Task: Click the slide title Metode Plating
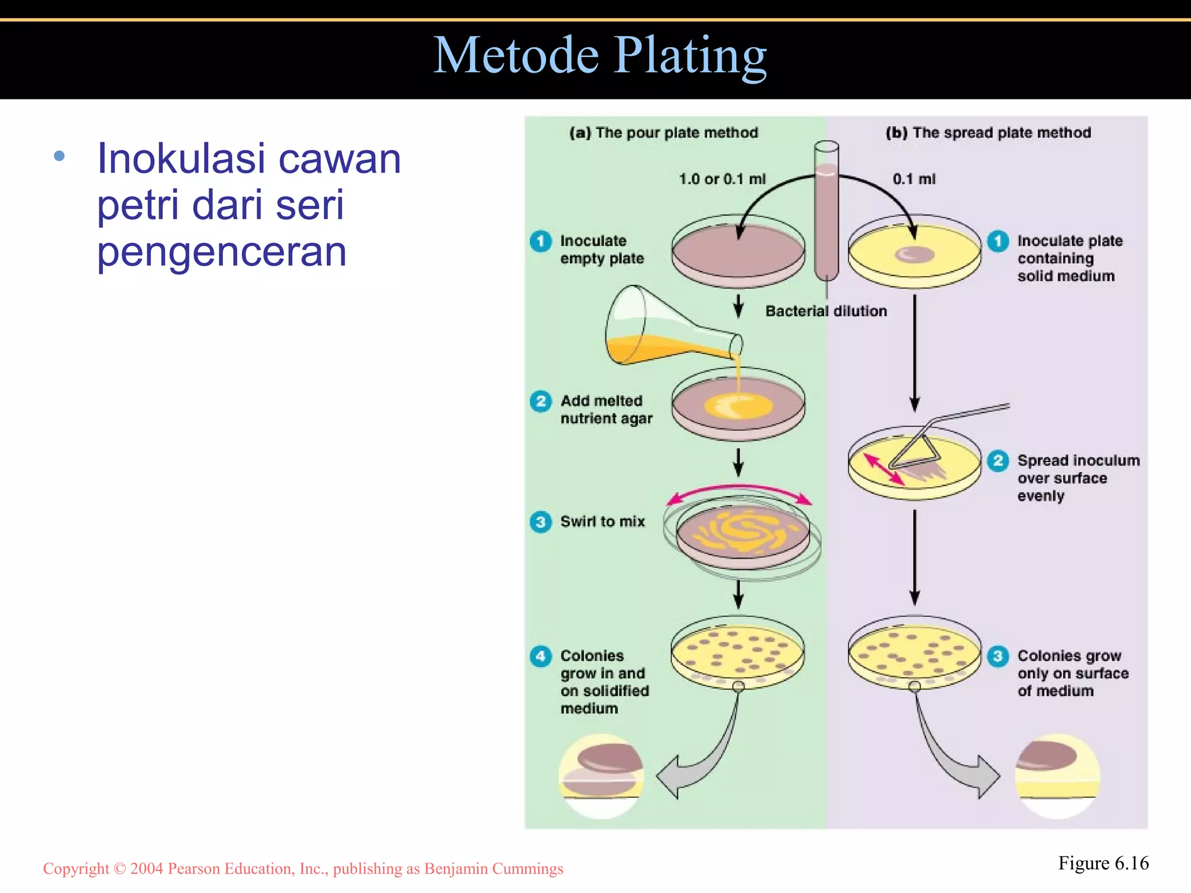point(600,56)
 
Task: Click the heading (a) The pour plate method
point(664,133)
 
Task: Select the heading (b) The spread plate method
point(988,133)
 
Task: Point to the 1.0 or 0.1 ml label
point(722,179)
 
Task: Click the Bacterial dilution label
point(826,312)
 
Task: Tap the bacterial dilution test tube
point(826,215)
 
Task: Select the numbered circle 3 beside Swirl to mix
point(541,521)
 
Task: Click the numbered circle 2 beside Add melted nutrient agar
point(541,401)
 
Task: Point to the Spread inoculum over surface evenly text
point(1078,478)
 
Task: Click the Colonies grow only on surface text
point(1072,673)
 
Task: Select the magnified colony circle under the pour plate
point(601,776)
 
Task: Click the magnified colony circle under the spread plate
point(1058,776)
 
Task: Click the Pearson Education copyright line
point(303,869)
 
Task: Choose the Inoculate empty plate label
point(602,249)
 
